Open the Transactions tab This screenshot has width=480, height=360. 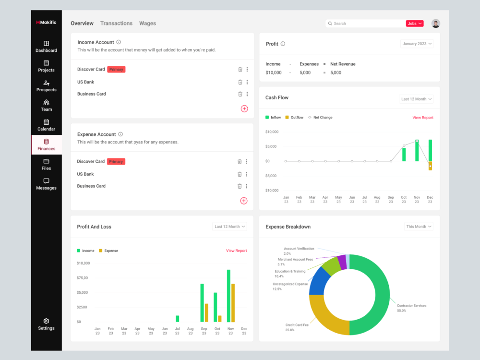[116, 23]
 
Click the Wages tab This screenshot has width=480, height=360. [147, 23]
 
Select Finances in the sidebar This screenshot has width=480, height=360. [47, 145]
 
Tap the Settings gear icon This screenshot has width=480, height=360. [46, 321]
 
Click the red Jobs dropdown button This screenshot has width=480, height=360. [415, 24]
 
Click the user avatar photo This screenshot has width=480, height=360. [436, 23]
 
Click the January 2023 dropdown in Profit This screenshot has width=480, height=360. [417, 44]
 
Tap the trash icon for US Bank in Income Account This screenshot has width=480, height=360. [240, 82]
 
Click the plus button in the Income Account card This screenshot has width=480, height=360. [244, 108]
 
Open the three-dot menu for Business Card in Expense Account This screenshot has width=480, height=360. [246, 186]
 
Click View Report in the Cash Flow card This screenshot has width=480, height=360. [423, 118]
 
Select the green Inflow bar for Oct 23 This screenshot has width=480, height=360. [404, 155]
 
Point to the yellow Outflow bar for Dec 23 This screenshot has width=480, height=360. [430, 166]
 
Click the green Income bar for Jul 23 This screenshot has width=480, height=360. [177, 319]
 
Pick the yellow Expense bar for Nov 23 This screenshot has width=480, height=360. [233, 303]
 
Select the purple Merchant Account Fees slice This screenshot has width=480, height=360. [342, 263]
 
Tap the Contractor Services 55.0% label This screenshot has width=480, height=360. [411, 308]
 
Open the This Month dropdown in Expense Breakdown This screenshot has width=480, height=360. [419, 227]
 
